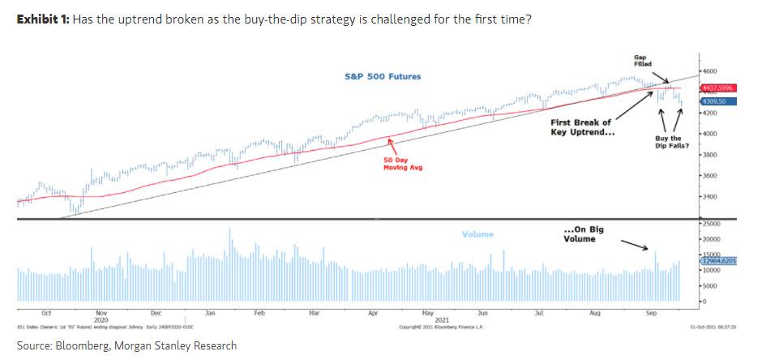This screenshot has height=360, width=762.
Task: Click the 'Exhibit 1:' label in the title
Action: click(43, 19)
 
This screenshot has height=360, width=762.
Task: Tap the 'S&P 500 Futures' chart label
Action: click(383, 77)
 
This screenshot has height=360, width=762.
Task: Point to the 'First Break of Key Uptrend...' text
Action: click(582, 127)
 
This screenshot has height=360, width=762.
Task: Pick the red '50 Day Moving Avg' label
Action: click(403, 164)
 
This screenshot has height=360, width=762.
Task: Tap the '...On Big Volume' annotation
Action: click(583, 234)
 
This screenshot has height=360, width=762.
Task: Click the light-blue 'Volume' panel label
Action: click(477, 234)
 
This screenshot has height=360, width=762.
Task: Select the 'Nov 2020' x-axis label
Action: click(101, 315)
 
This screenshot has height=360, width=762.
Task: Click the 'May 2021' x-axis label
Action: click(429, 315)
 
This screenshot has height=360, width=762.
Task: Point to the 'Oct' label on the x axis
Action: click(46, 311)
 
